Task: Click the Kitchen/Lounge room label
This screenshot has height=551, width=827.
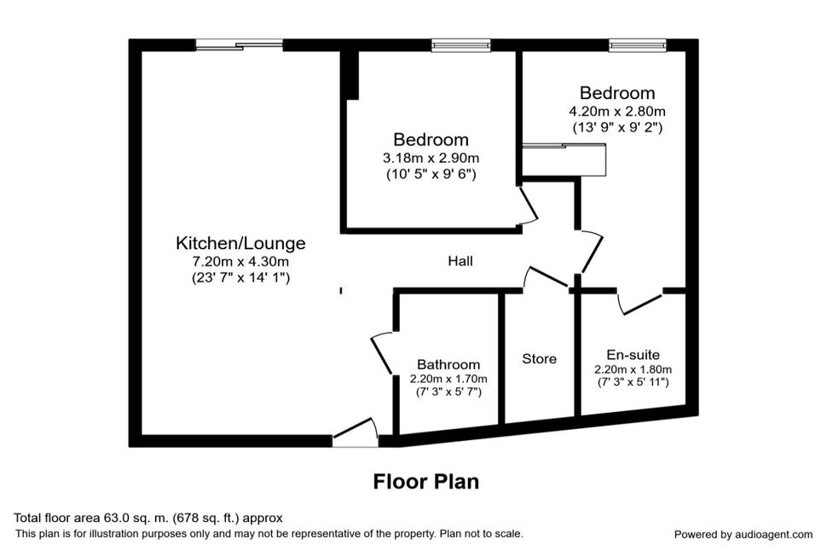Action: (x=240, y=243)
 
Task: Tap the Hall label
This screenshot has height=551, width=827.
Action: (x=460, y=261)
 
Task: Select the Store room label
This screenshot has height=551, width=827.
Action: (x=539, y=359)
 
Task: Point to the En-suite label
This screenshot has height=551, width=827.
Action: (x=633, y=355)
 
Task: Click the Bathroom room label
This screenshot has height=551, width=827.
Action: (x=448, y=364)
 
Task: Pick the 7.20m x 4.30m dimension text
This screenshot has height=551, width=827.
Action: (x=240, y=261)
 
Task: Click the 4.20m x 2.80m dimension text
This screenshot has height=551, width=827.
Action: (x=617, y=112)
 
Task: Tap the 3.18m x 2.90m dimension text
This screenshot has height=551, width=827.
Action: (x=431, y=158)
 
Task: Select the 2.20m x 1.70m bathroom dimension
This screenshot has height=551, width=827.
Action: (x=448, y=379)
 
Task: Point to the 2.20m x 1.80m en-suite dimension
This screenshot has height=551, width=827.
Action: (x=633, y=369)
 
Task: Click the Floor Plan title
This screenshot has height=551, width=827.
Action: (x=426, y=481)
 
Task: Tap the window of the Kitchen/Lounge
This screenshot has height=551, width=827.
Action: (x=240, y=45)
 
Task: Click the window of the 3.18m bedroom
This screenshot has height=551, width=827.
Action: (x=461, y=45)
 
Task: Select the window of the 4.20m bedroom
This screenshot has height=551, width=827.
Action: (x=638, y=45)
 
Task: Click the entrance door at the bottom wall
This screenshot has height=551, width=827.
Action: (x=355, y=432)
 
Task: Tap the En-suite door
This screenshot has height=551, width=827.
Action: (x=639, y=301)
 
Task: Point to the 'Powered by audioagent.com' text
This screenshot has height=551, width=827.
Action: (x=743, y=535)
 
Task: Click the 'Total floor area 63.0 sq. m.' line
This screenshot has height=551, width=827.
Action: (x=148, y=518)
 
